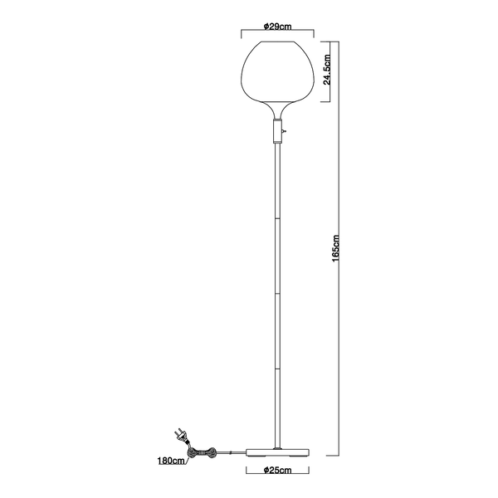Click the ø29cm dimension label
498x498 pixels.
pyautogui.click(x=277, y=27)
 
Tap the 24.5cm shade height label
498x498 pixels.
pyautogui.click(x=327, y=69)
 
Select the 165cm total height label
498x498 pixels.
pyautogui.click(x=335, y=248)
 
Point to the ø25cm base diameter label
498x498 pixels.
pyautogui.click(x=277, y=470)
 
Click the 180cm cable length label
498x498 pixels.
pyautogui.click(x=171, y=461)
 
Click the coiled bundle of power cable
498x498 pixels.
pyautogui.click(x=202, y=452)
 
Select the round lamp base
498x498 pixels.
pyautogui.click(x=277, y=452)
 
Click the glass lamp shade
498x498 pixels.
pyautogui.click(x=277, y=72)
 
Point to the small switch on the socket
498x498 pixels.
pyautogui.click(x=285, y=130)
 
